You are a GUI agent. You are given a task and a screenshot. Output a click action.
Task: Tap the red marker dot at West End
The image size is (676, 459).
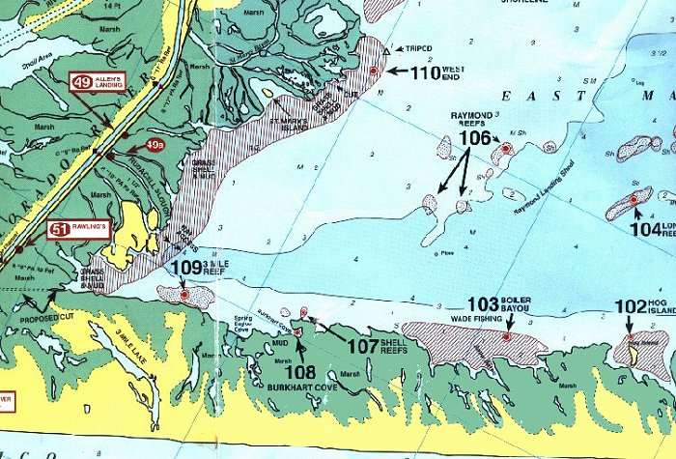[374, 72]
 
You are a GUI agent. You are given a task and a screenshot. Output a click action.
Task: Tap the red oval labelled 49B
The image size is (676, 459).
[155, 146]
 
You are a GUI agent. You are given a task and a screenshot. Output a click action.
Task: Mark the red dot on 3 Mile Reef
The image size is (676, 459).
[184, 294]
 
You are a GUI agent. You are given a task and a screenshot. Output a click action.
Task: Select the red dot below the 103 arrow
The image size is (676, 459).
[507, 336]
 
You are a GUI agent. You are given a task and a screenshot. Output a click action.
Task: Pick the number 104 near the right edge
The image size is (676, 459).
[644, 229]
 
